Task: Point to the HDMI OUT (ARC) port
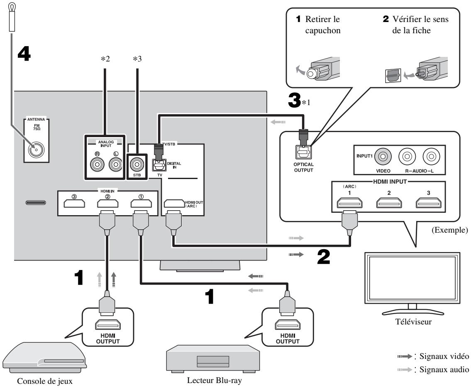(x=173, y=204)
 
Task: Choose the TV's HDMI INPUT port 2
(x=386, y=203)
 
